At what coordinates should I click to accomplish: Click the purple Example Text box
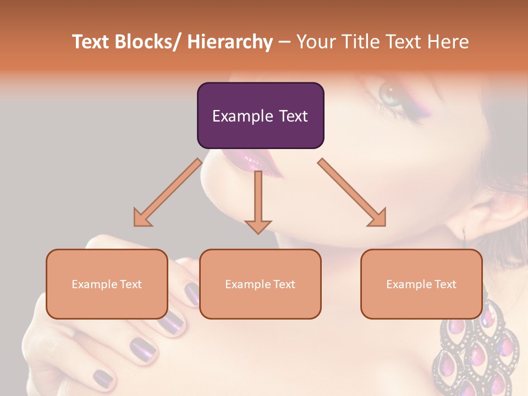260,116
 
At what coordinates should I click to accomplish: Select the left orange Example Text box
107,284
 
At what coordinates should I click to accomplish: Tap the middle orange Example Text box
260,284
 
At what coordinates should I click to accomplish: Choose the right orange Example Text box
421,284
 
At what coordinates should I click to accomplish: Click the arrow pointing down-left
167,193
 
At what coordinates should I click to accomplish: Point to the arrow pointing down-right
352,193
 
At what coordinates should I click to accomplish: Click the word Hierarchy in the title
230,42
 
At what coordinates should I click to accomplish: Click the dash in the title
284,42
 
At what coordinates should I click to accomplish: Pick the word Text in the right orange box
444,284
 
